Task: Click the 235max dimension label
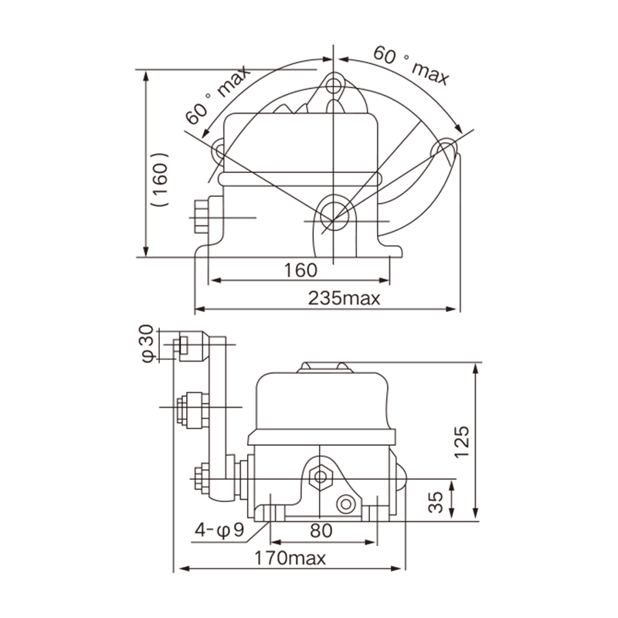point(344,298)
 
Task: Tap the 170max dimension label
point(290,558)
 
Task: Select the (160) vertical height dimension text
point(160,180)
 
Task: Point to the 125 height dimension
point(461,441)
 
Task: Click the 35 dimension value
point(436,502)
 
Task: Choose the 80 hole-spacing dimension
point(321,531)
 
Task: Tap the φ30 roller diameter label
point(147,344)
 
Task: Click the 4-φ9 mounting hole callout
point(220,530)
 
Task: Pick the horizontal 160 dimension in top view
point(301,270)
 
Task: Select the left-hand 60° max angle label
point(218,95)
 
